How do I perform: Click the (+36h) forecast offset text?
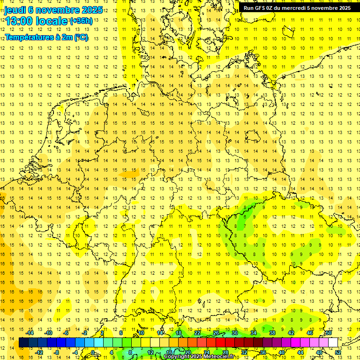[x=81, y=21]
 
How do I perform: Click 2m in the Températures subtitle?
[x=63, y=37]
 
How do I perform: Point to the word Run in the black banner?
[x=248, y=8]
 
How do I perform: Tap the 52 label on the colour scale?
[x=338, y=352]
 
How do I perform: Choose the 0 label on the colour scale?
[x=93, y=352]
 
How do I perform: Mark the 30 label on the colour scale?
[x=234, y=333]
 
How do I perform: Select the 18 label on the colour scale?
[x=178, y=333]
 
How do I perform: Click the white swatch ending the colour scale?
[x=333, y=343]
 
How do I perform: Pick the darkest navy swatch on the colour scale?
[x=23, y=343]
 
